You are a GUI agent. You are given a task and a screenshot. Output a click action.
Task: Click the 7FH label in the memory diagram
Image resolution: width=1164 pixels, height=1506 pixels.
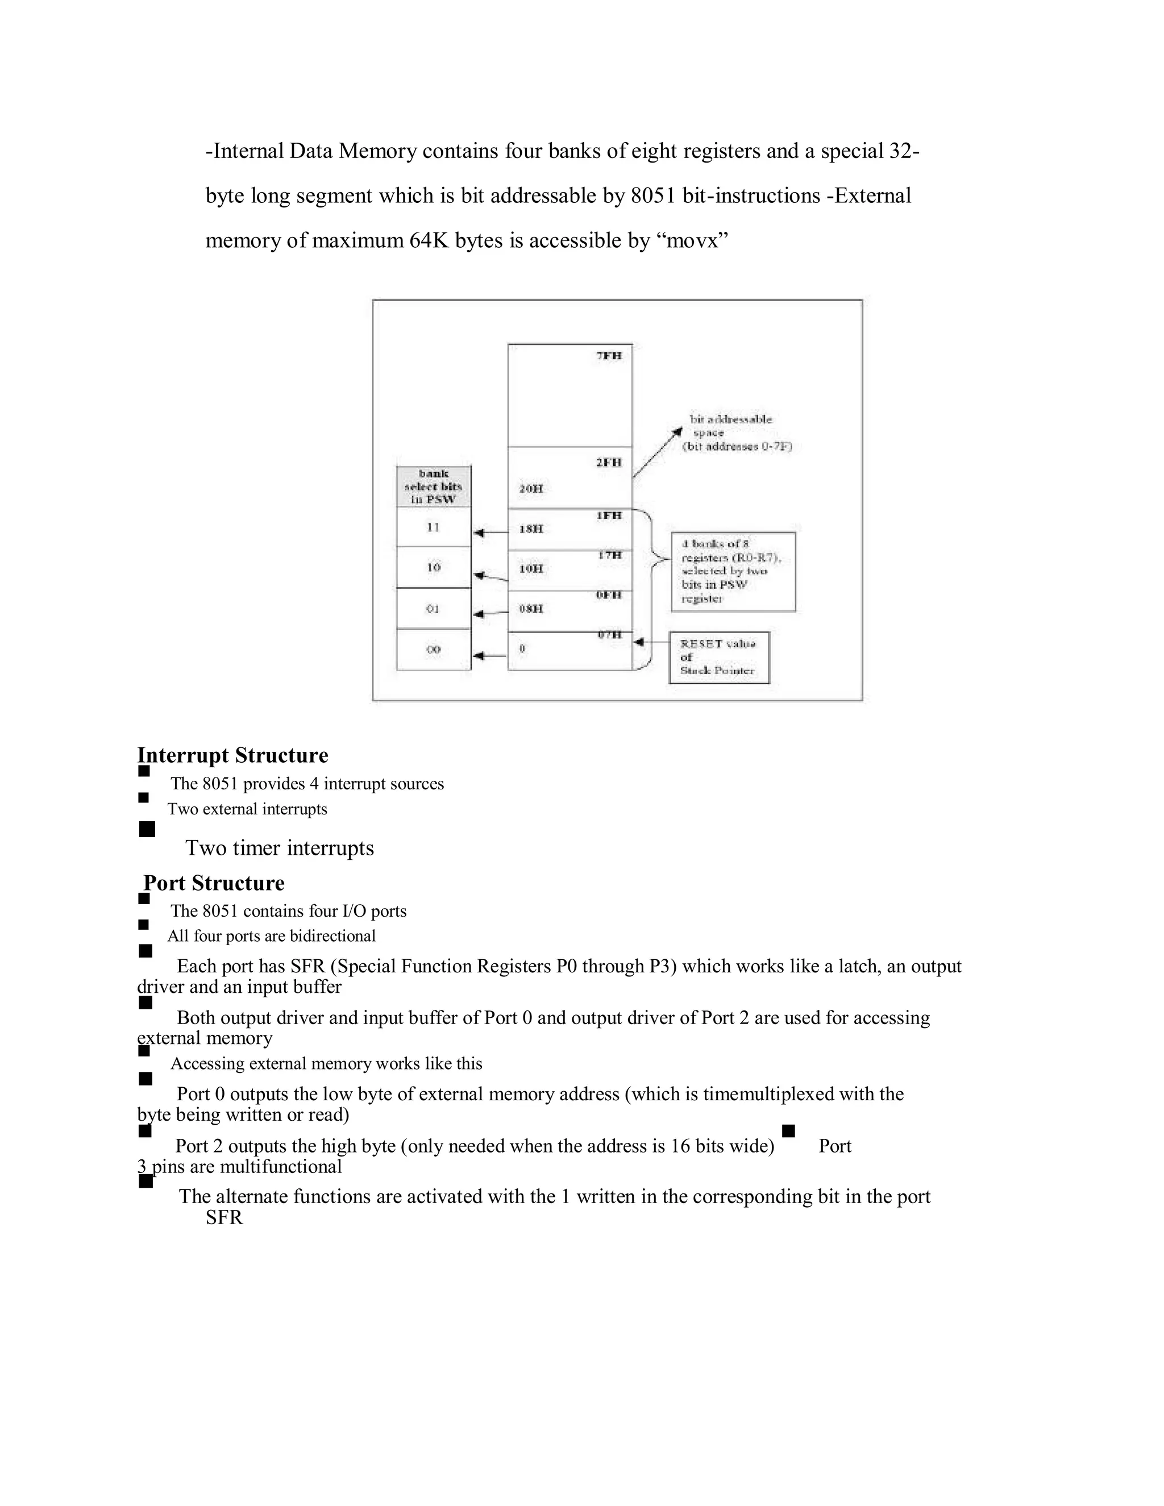pos(609,356)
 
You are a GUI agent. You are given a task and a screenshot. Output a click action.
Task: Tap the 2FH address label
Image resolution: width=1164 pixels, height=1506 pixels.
pos(609,462)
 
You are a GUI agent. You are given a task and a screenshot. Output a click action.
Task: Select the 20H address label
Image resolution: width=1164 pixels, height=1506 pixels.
pos(531,489)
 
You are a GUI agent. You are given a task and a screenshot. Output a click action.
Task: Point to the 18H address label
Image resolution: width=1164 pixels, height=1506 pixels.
pos(531,529)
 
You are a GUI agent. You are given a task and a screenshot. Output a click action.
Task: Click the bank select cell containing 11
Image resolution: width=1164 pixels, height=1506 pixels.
pos(433,527)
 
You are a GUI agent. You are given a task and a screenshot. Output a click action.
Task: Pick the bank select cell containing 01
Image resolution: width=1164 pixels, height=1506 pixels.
pos(433,609)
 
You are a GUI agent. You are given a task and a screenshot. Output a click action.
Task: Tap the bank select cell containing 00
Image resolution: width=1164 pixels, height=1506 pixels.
pos(433,650)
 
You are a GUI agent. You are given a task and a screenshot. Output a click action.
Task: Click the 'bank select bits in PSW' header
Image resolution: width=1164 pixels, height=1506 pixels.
pos(434,486)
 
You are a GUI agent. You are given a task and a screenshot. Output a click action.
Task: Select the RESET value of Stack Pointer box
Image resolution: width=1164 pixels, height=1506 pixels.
pos(718,657)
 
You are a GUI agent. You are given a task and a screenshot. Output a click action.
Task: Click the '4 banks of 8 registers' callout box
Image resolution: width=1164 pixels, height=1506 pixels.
pos(733,572)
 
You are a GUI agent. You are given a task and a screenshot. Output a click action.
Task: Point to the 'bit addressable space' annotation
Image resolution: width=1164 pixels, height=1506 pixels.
pos(737,433)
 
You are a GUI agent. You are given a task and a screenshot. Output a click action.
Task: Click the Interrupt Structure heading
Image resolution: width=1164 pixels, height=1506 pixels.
pos(232,755)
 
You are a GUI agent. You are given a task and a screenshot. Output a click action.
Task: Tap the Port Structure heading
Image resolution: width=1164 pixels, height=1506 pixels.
pos(214,883)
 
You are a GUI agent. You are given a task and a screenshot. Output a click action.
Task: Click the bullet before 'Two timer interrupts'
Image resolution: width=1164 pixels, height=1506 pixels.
pos(147,829)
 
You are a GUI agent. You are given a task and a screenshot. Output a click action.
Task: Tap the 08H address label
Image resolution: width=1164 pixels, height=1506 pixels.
pos(531,609)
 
